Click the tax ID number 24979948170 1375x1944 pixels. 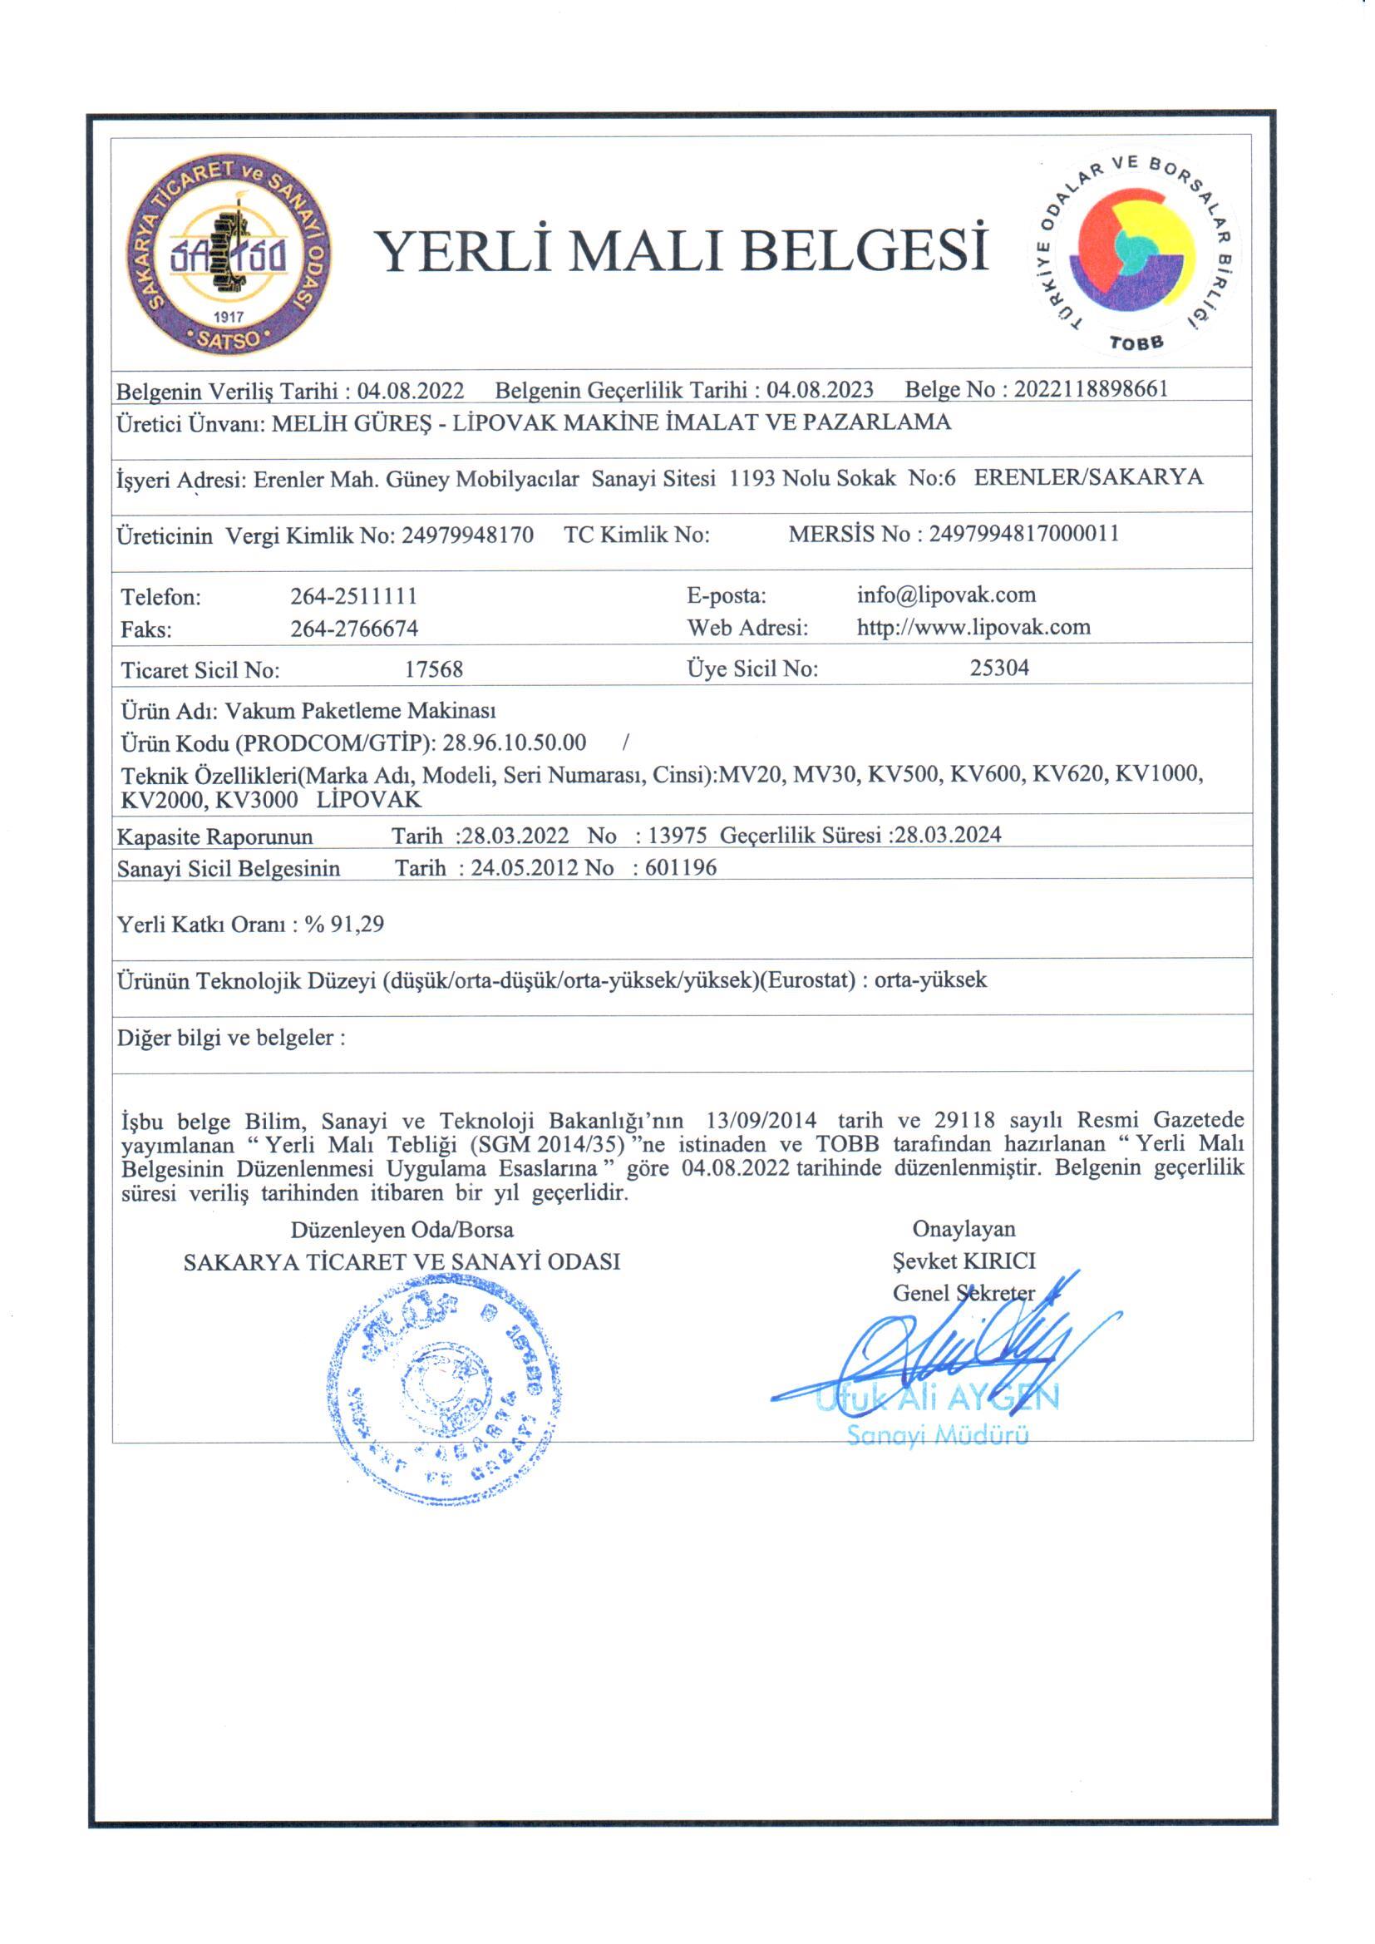(x=467, y=535)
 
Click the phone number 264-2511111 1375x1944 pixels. (x=354, y=596)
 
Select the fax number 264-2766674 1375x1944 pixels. (x=354, y=629)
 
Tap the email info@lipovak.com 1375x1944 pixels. (x=946, y=595)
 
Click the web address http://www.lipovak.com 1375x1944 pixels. (x=973, y=627)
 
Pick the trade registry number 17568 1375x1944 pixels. (x=433, y=669)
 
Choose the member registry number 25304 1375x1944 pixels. (x=999, y=668)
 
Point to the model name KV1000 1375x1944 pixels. (x=1158, y=774)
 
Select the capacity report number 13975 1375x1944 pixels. (x=677, y=836)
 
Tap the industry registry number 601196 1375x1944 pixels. (x=680, y=868)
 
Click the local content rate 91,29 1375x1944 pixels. (x=357, y=924)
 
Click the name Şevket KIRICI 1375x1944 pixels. (x=963, y=1261)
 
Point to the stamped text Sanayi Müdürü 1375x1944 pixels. (x=937, y=1436)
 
